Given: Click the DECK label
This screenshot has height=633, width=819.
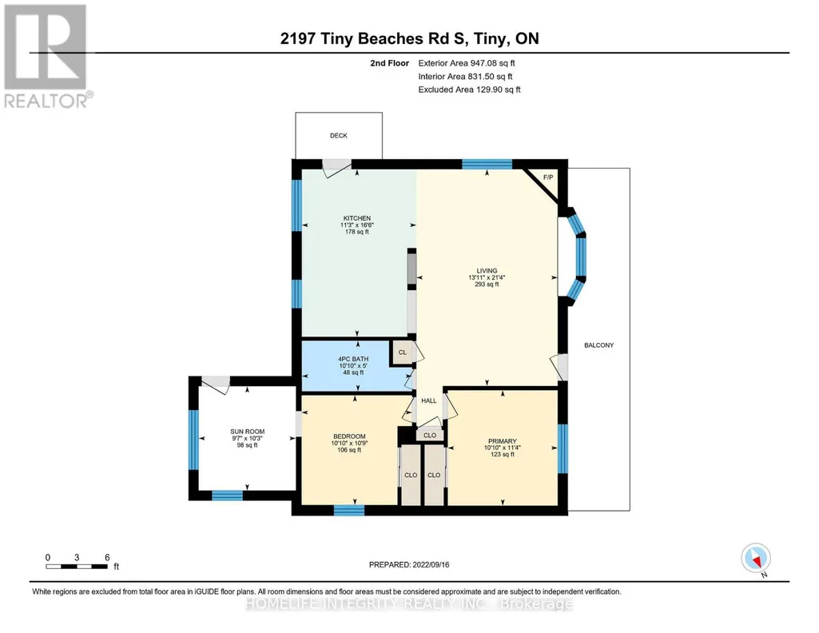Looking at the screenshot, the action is (x=339, y=135).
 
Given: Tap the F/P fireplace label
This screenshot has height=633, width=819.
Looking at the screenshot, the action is (x=548, y=177).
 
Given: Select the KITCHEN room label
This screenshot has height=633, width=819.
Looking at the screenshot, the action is (x=356, y=218).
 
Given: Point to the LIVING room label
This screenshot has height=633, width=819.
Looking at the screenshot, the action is (x=487, y=270).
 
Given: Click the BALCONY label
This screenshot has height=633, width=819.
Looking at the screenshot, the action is (x=598, y=345).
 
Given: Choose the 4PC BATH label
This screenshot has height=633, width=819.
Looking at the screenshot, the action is (x=353, y=360).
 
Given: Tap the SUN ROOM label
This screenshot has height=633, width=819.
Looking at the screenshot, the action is (x=248, y=432).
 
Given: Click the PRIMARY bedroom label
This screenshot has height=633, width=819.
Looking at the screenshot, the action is (x=503, y=441).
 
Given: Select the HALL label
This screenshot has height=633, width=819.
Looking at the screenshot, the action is (x=429, y=400).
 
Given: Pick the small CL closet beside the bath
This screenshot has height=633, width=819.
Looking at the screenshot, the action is (x=402, y=352).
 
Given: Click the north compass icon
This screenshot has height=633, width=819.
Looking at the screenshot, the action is (x=756, y=559).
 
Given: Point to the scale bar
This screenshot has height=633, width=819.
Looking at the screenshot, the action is (x=77, y=566).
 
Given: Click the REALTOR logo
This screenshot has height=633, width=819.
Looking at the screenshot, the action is (x=47, y=56).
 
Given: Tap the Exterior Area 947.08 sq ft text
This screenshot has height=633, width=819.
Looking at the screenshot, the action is (x=467, y=63).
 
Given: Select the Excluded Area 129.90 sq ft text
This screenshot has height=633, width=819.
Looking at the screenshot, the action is (x=469, y=90).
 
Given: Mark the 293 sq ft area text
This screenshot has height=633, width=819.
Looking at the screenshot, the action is (x=487, y=285).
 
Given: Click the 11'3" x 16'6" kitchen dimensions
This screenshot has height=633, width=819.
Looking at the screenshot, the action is (x=356, y=225).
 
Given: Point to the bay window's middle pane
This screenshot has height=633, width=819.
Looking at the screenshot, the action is (x=580, y=257).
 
